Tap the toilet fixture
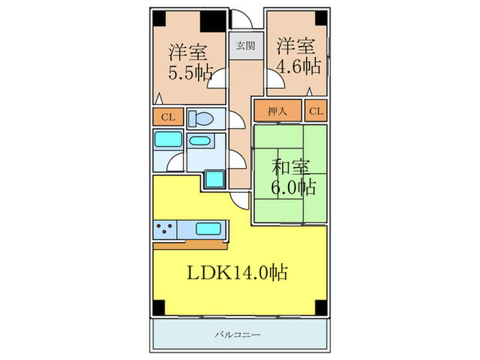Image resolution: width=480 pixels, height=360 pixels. tap(201, 117)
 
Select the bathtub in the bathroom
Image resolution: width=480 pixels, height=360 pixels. tap(167, 141)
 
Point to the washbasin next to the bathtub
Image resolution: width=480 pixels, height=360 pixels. tap(200, 142)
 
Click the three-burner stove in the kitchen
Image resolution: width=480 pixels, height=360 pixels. tap(165, 228)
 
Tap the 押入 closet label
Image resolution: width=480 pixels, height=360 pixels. tap(277, 110)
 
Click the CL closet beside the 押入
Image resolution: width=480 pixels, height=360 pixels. tap(315, 110)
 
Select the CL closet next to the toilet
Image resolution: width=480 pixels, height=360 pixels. tap(168, 117)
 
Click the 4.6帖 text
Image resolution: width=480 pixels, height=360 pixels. tap(298, 67)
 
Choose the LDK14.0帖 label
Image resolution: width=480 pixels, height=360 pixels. tap(237, 273)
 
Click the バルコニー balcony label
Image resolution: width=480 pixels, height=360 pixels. tap(237, 335)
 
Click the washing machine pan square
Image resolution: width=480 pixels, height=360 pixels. tap(215, 178)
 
